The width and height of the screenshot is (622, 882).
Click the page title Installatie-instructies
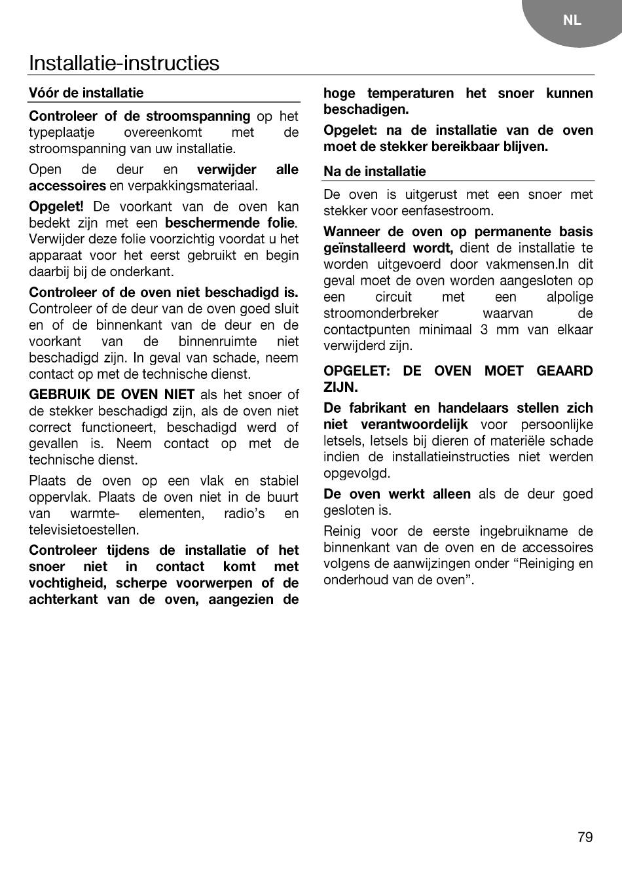[124, 63]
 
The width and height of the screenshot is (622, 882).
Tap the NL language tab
[572, 20]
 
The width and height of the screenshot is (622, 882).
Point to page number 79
[585, 837]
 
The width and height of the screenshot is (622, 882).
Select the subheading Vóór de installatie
[86, 93]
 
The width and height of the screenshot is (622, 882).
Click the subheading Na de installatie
[375, 171]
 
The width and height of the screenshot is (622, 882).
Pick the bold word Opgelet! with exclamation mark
[56, 207]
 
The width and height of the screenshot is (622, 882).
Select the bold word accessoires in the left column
[67, 186]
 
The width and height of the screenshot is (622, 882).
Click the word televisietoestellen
[83, 530]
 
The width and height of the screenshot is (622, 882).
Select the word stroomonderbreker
[380, 313]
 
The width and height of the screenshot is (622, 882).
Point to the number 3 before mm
[484, 330]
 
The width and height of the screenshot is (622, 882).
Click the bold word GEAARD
[564, 371]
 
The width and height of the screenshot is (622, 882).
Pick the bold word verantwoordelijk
[414, 425]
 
